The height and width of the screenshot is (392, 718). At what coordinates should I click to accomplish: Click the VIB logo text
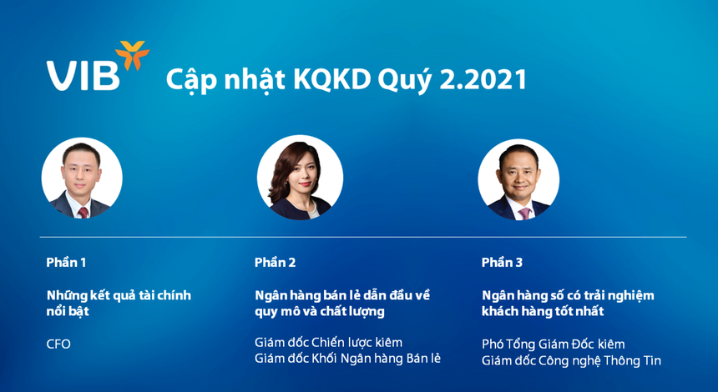click(x=83, y=75)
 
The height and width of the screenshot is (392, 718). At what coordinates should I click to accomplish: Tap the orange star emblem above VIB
click(x=132, y=55)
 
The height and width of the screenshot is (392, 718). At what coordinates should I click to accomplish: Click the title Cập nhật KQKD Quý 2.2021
click(x=346, y=79)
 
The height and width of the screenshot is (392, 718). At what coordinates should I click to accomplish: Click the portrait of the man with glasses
click(x=82, y=178)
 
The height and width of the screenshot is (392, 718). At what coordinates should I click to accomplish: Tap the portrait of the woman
click(x=300, y=178)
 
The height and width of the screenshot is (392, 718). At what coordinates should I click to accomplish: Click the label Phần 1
click(x=66, y=262)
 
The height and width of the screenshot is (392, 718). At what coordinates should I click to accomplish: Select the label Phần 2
click(x=275, y=262)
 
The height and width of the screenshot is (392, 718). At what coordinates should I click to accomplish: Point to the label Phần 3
click(x=502, y=262)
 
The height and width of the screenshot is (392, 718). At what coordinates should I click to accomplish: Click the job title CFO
click(x=58, y=344)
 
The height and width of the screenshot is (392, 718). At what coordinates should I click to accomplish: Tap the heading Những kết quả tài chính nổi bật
click(x=119, y=303)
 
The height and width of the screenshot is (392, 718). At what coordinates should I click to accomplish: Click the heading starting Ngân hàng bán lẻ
click(x=341, y=303)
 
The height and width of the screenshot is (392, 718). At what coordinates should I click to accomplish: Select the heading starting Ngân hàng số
click(x=568, y=303)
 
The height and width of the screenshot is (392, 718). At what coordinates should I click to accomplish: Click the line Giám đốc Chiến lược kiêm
click(x=328, y=342)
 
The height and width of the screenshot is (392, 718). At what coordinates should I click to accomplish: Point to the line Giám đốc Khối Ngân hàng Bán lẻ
click(x=347, y=359)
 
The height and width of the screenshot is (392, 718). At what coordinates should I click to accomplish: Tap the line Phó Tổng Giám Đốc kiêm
click(x=553, y=344)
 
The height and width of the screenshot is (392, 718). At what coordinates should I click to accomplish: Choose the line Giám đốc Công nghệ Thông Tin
click(x=571, y=360)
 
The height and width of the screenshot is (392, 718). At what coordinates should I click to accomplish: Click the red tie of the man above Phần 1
click(x=83, y=211)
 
